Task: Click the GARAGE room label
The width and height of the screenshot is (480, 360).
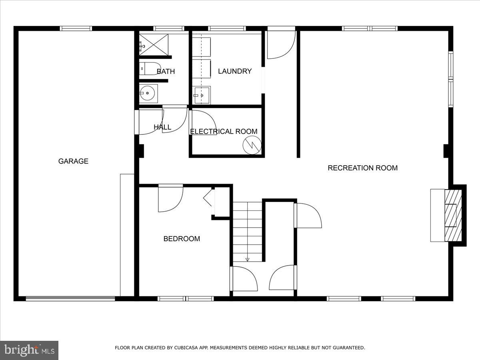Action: (x=73, y=161)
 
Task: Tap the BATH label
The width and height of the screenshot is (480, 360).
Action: (x=166, y=72)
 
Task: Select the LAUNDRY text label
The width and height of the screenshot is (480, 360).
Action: (x=235, y=71)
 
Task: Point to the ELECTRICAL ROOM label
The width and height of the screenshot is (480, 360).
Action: (x=224, y=132)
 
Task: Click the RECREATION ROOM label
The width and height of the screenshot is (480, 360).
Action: (x=362, y=168)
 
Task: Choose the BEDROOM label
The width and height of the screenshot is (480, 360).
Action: (x=182, y=239)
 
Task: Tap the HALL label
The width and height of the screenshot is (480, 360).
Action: (x=162, y=127)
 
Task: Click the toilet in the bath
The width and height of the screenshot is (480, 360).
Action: (x=150, y=69)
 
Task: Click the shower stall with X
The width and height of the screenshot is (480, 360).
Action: (x=154, y=44)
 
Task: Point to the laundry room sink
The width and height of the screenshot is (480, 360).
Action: (x=202, y=95)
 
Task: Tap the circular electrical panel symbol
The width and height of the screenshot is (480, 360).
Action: (x=252, y=144)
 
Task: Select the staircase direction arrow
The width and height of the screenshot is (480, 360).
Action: (x=247, y=259)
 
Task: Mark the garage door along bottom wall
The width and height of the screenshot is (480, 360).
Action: (x=70, y=298)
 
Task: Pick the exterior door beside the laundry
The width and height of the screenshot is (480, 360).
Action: (x=281, y=43)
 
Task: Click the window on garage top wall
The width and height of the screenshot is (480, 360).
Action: (x=76, y=28)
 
